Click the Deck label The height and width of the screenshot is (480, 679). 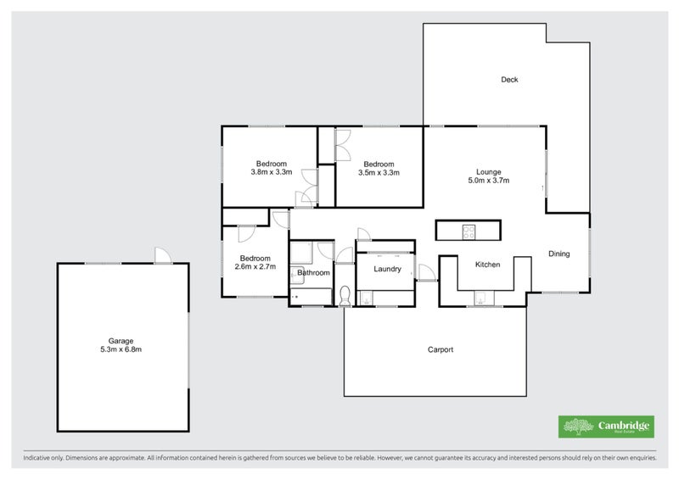tap(509, 80)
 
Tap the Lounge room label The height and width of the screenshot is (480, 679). tap(488, 170)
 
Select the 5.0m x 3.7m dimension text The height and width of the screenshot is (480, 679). tap(488, 180)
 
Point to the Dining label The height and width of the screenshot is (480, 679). tap(558, 254)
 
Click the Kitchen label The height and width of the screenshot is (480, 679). tap(487, 265)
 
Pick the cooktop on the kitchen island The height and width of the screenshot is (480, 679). tap(469, 230)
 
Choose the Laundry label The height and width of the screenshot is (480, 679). tap(385, 270)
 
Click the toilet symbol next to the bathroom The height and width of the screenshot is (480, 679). tap(345, 297)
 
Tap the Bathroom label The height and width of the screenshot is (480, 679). tap(313, 273)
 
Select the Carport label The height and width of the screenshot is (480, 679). tap(440, 349)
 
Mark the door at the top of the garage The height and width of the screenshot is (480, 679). tap(161, 256)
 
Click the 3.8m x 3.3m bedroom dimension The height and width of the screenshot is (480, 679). tap(272, 172)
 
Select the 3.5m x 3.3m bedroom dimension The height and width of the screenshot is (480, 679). tap(379, 172)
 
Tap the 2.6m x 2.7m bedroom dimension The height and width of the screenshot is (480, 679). tap(255, 267)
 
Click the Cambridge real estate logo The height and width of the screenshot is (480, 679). tap(606, 427)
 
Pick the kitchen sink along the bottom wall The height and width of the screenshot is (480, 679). tap(481, 298)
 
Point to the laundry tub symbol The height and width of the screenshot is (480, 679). tap(365, 298)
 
